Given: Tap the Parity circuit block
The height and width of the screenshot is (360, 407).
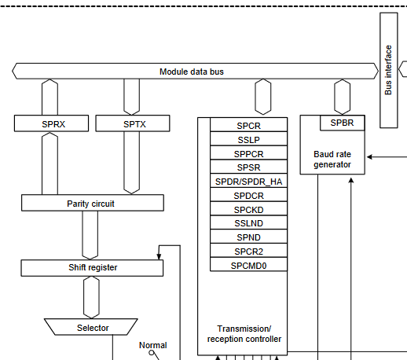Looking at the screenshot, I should (92, 204).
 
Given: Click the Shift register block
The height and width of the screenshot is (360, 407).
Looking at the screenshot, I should (92, 268).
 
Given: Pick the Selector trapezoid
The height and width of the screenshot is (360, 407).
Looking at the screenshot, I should (93, 327).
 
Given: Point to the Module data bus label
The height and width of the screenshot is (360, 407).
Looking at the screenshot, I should (192, 72).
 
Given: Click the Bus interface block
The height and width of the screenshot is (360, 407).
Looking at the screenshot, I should (389, 71).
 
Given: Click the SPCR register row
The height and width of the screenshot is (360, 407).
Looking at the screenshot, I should (248, 126).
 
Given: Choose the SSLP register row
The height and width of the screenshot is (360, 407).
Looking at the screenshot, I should (248, 140).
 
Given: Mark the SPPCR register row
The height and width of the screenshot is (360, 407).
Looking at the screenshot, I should (248, 154).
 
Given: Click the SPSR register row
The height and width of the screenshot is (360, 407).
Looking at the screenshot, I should (248, 167).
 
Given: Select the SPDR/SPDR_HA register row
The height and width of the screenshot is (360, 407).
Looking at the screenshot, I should (248, 182).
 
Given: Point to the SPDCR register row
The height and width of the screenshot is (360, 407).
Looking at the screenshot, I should (248, 196).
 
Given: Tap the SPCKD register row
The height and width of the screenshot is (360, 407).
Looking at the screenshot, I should (248, 209).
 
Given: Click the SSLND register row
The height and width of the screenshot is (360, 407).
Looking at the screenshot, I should (248, 223).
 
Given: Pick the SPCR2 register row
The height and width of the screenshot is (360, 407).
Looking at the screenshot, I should (248, 251).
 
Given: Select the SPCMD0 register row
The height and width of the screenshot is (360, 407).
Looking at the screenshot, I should (248, 265).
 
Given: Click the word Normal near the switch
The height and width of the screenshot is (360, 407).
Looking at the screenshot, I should (152, 345).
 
